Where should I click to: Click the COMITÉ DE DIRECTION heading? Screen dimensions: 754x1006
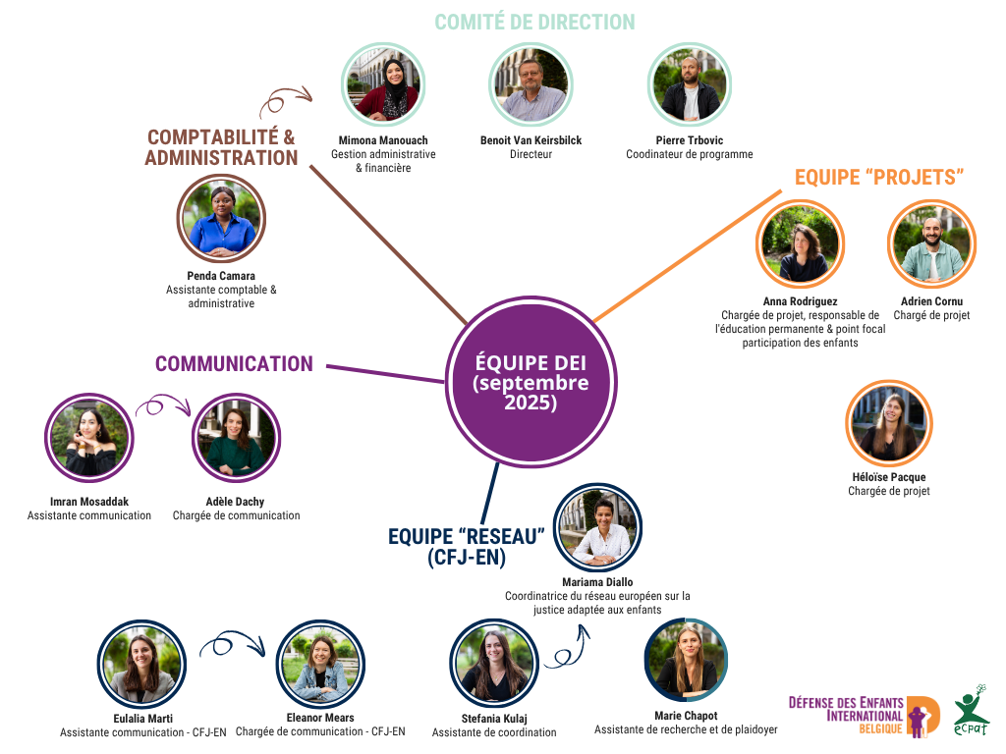pyautogui.click(x=534, y=22)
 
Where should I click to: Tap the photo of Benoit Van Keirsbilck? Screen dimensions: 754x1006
pyautogui.click(x=530, y=86)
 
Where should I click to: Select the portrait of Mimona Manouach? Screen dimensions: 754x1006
pyautogui.click(x=383, y=86)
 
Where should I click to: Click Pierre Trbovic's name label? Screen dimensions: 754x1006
pyautogui.click(x=689, y=140)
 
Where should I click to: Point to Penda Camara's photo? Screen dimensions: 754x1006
pyautogui.click(x=221, y=219)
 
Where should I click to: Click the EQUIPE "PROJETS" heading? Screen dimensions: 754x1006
pyautogui.click(x=878, y=177)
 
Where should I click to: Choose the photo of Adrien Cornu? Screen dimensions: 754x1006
pyautogui.click(x=930, y=243)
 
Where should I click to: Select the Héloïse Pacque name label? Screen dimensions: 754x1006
pyautogui.click(x=888, y=477)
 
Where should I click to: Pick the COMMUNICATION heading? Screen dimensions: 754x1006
pyautogui.click(x=234, y=364)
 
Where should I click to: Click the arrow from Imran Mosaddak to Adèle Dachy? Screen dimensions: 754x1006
pyautogui.click(x=161, y=405)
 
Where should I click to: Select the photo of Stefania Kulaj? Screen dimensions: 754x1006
pyautogui.click(x=493, y=664)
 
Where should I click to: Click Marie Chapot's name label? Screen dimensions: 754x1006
pyautogui.click(x=686, y=716)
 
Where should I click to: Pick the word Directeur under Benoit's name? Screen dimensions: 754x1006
pyautogui.click(x=531, y=154)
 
